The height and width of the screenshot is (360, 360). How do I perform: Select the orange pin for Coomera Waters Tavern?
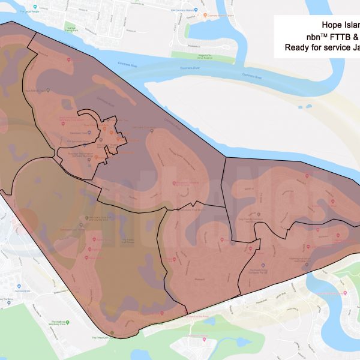coord(205,16)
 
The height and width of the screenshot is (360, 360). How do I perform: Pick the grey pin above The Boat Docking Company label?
coord(262,265)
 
